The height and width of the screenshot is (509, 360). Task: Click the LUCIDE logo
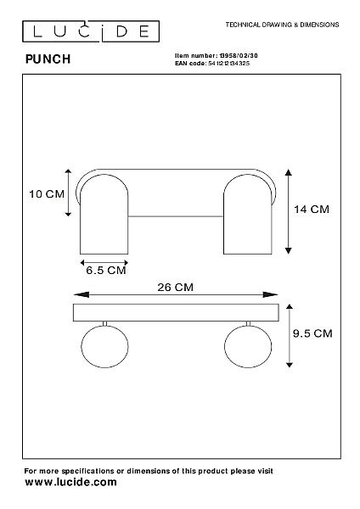pyautogui.click(x=91, y=31)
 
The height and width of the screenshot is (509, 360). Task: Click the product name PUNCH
pyautogui.click(x=48, y=59)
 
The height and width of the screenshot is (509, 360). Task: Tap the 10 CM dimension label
pyautogui.click(x=47, y=194)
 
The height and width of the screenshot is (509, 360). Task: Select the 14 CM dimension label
pyautogui.click(x=312, y=209)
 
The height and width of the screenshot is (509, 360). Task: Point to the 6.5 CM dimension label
pyautogui.click(x=106, y=270)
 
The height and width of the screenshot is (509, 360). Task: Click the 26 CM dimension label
pyautogui.click(x=176, y=287)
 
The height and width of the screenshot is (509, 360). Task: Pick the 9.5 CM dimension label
pyautogui.click(x=312, y=333)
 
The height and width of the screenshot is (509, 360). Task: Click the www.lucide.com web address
pyautogui.click(x=70, y=482)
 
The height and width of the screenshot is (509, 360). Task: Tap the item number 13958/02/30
pyautogui.click(x=239, y=55)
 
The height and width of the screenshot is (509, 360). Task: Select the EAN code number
pyautogui.click(x=229, y=64)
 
